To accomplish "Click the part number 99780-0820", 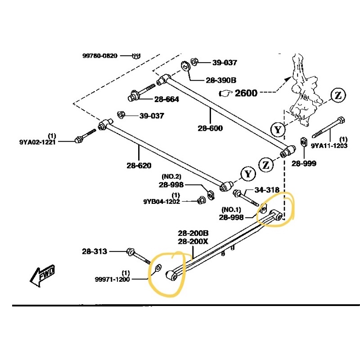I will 99,56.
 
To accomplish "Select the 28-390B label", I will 221,80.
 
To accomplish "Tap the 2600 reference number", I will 246,93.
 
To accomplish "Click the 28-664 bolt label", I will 166,99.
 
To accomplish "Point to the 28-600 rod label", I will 210,128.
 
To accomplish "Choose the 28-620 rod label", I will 139,166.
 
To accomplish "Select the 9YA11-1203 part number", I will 329,146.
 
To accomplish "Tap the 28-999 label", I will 304,163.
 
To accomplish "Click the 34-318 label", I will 267,190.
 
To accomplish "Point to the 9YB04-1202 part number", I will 162,202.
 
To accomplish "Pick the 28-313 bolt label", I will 94,252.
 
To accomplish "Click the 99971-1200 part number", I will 112,279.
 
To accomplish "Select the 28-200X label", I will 193,241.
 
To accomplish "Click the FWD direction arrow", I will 42,275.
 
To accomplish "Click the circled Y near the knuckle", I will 278,130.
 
